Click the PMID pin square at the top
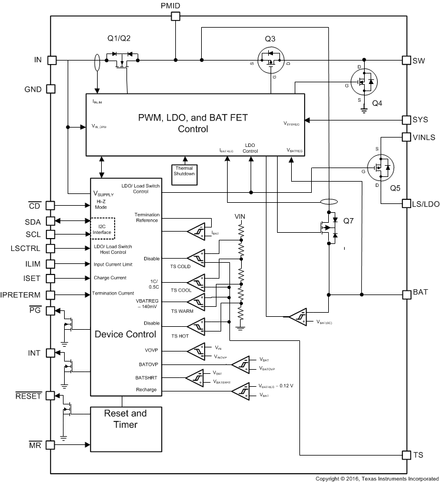tap(175, 16)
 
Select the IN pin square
tap(51, 60)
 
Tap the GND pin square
tap(51, 89)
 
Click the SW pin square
tap(406, 60)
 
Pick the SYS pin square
tap(406, 120)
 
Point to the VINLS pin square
tap(406, 136)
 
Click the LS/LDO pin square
tap(406, 203)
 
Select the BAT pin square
tap(406, 293)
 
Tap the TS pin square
tap(406, 455)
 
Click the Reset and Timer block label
tap(125, 419)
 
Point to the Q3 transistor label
tap(270, 39)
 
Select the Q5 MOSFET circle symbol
tap(380, 169)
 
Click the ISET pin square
tap(51, 277)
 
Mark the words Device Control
tap(125, 334)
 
